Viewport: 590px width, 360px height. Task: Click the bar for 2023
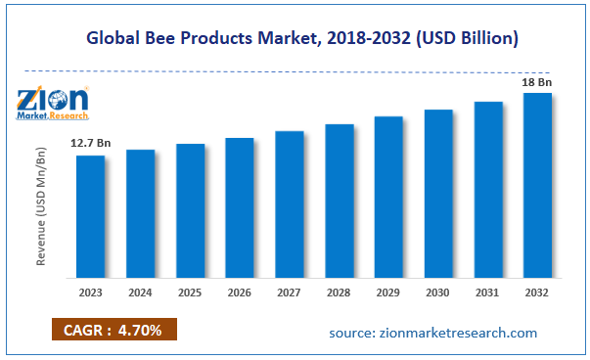(x=90, y=215)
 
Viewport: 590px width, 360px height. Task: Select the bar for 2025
(x=190, y=209)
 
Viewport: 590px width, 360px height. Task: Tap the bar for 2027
(x=290, y=202)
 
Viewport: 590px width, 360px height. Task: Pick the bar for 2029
(x=388, y=196)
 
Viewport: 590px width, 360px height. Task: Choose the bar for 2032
(x=537, y=184)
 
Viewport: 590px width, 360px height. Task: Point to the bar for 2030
(x=438, y=192)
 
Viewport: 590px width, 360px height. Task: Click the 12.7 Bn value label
(x=90, y=145)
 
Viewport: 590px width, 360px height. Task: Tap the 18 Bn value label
(x=537, y=83)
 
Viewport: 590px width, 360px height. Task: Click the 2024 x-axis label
(x=140, y=292)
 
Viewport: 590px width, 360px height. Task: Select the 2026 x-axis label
(x=240, y=292)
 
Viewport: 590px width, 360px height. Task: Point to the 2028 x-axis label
(x=339, y=292)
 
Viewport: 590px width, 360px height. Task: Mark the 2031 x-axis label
(x=488, y=292)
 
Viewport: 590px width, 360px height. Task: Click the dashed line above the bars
(x=294, y=69)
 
